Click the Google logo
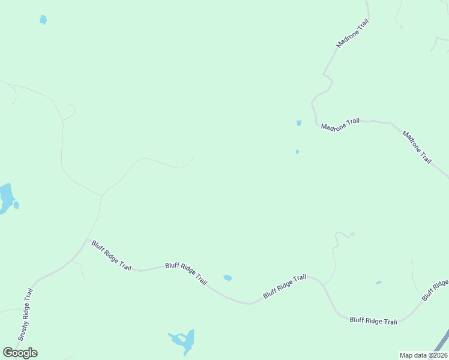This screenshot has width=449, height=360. pos(20,353)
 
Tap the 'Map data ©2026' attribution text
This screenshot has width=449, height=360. pos(423,355)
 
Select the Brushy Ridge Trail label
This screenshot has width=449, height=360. pos(25,314)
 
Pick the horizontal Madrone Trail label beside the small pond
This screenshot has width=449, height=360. pos(340,124)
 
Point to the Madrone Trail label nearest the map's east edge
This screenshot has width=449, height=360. pos(417,147)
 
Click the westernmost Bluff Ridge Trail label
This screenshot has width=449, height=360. pos(111,256)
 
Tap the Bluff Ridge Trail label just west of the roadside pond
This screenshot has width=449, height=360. pos(186,273)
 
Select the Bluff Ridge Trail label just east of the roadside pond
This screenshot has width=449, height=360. pos(285,287)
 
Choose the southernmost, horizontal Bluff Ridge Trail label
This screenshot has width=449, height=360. pos(373,321)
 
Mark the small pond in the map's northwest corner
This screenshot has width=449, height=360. pos(43,20)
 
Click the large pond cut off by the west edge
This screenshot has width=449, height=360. pos(6,198)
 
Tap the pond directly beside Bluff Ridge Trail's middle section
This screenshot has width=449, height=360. pos(228,278)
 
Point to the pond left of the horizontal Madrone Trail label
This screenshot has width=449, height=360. pos(299,123)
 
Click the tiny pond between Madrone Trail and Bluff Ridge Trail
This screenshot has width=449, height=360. pos(297,152)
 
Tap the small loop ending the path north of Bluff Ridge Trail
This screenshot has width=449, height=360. pos(352,234)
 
